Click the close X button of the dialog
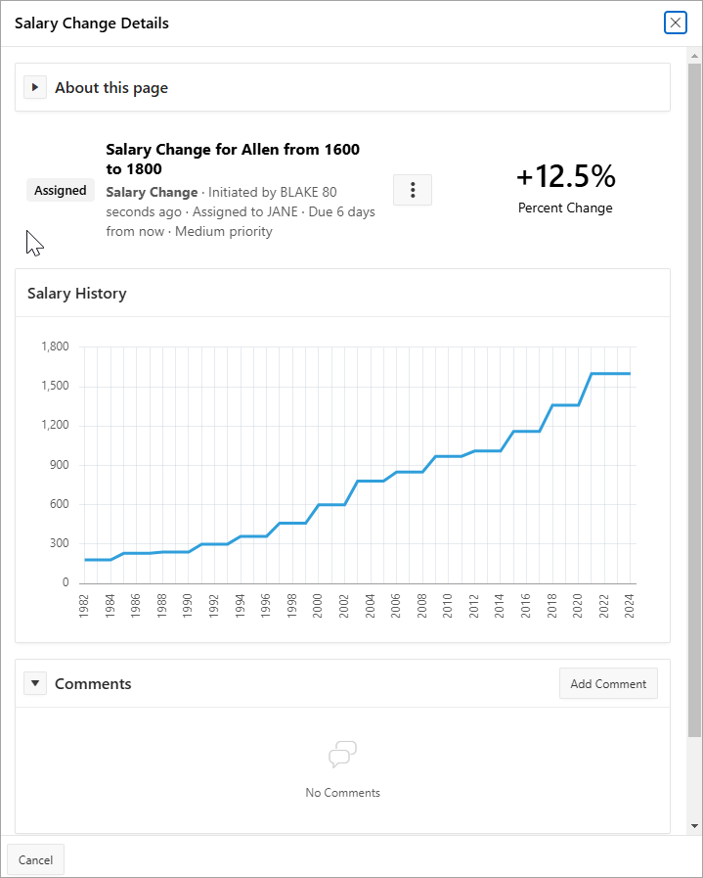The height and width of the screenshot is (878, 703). coord(675,23)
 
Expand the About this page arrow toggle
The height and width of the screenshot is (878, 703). coord(35,88)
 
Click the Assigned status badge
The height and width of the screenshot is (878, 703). coord(61,191)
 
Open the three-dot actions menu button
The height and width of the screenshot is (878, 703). coord(412,190)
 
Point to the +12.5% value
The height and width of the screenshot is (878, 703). coord(565,176)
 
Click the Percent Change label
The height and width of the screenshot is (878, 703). coord(565,208)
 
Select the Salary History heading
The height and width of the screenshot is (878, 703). coord(77,293)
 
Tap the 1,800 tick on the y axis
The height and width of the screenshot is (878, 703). coord(56,347)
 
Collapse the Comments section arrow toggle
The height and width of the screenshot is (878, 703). coord(35,683)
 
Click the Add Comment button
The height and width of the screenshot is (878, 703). coord(608,684)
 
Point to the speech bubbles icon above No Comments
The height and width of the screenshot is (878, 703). coord(342,755)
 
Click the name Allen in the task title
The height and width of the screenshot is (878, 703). coord(260,150)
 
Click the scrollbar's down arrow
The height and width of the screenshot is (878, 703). coord(694,826)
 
